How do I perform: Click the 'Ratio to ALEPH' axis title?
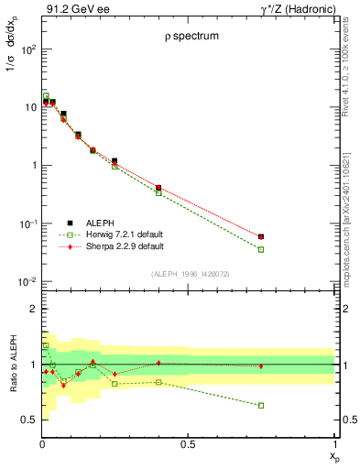tap(13, 365)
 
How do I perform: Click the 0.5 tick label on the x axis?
tap(188, 444)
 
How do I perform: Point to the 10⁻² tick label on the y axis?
tap(26, 282)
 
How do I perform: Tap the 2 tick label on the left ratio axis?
tap(30, 309)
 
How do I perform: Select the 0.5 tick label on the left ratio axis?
tap(27, 420)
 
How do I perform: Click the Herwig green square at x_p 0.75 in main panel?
tap(261, 249)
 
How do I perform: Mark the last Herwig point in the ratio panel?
tap(261, 405)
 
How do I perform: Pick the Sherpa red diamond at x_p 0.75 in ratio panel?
tap(261, 366)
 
